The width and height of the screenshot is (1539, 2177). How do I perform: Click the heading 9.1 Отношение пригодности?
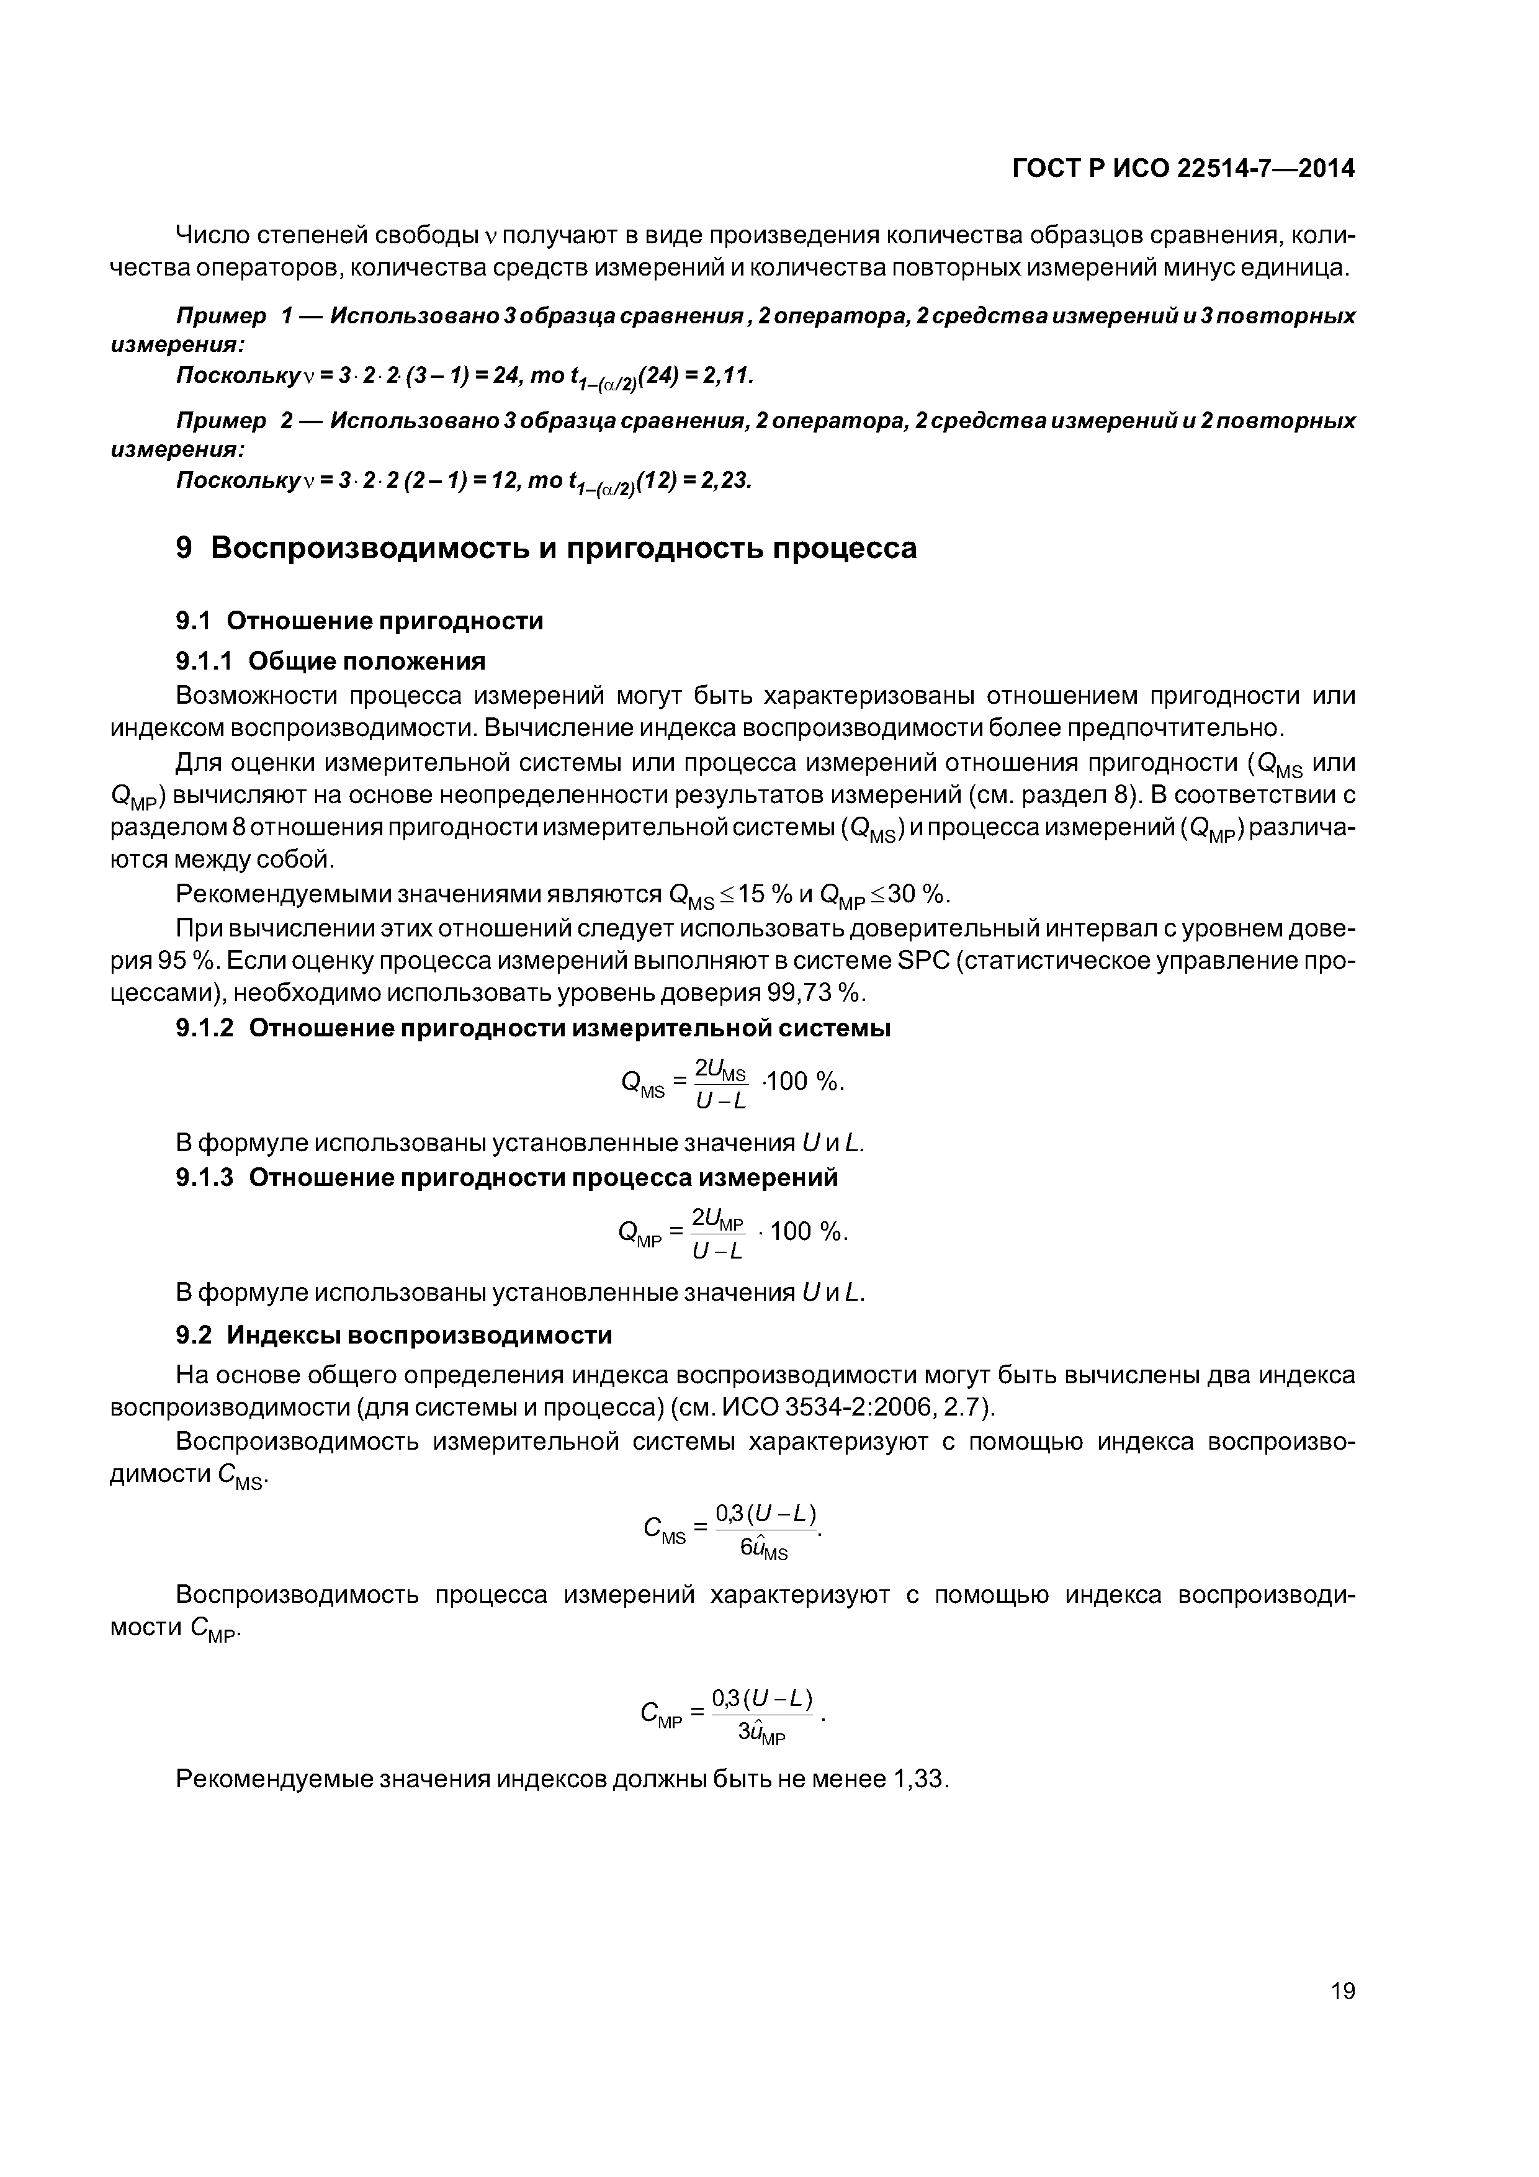361,621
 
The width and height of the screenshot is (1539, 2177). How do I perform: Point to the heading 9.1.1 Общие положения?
331,661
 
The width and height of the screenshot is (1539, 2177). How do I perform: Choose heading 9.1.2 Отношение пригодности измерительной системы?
533,1029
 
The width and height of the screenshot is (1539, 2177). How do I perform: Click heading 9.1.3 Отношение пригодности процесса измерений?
507,1178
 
